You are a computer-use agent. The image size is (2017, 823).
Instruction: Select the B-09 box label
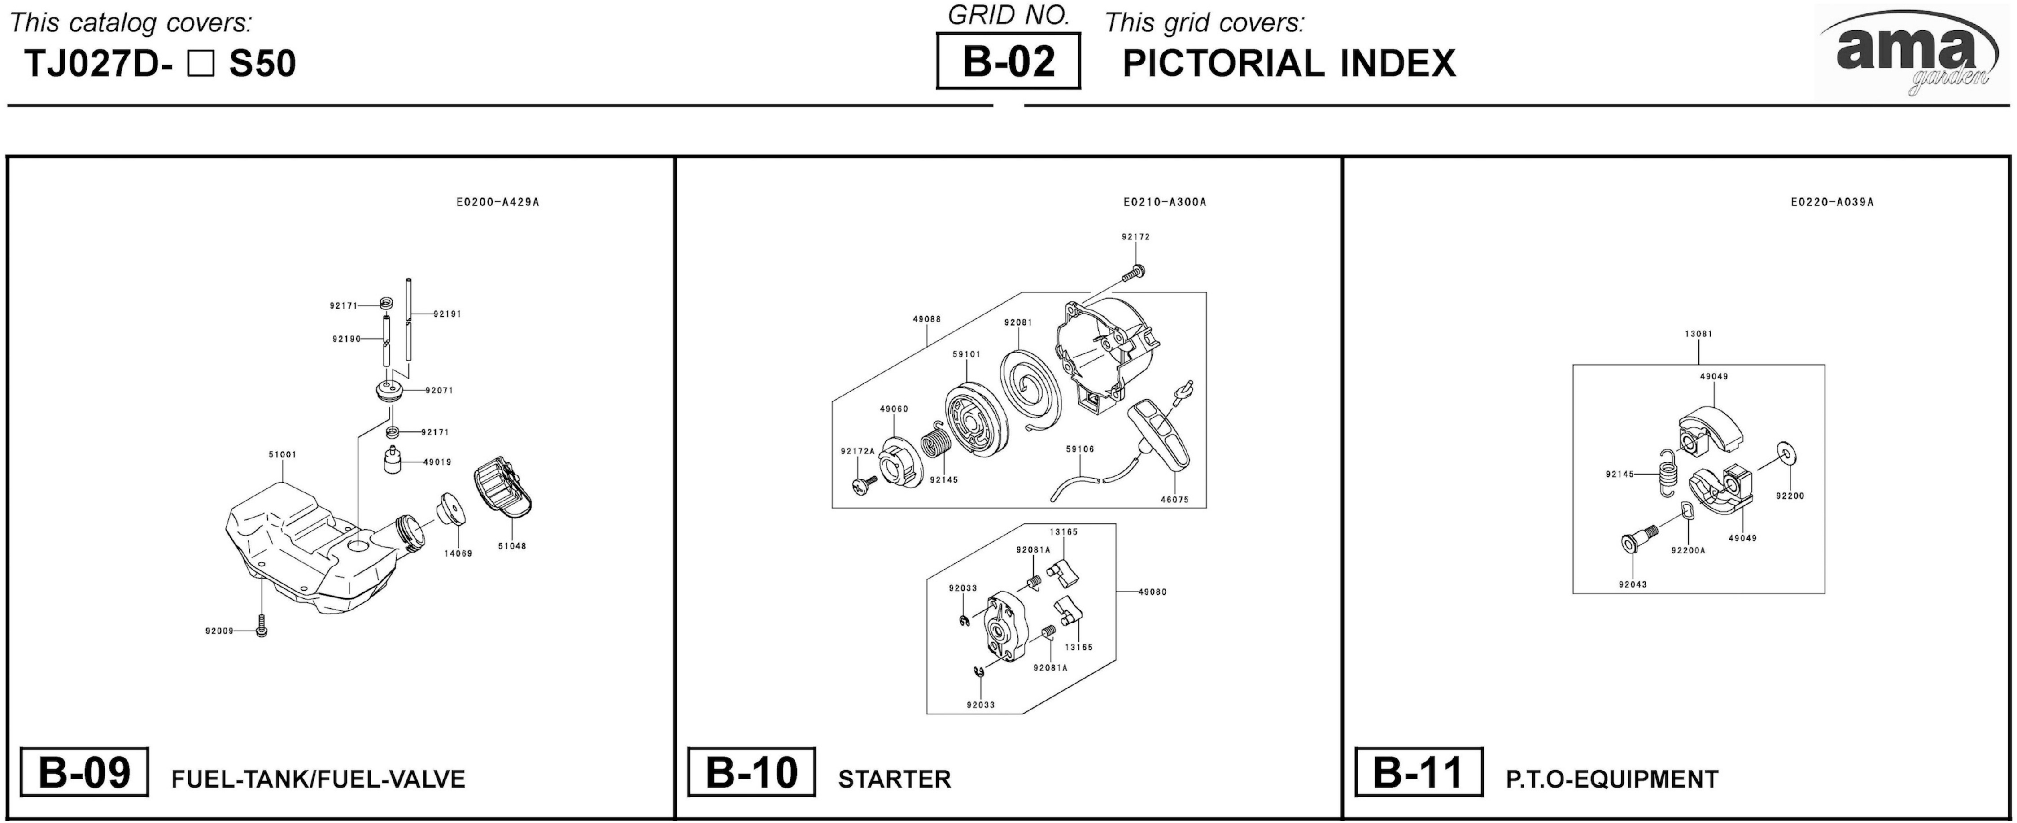click(x=84, y=772)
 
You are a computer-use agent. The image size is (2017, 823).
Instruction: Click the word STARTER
click(x=894, y=779)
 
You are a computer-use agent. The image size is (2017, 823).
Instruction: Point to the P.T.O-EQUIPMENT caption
click(x=1611, y=779)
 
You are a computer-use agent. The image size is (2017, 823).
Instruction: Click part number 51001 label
click(x=282, y=454)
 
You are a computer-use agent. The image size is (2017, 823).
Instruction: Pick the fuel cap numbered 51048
click(x=505, y=489)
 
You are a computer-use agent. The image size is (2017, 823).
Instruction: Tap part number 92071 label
click(x=439, y=390)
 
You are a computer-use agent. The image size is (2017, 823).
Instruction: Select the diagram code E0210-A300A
click(x=1164, y=202)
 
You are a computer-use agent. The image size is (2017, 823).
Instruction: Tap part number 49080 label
click(x=1153, y=592)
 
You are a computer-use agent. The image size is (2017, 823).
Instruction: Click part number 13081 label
click(x=1698, y=334)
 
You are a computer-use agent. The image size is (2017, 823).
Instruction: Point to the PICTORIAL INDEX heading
click(x=1289, y=63)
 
